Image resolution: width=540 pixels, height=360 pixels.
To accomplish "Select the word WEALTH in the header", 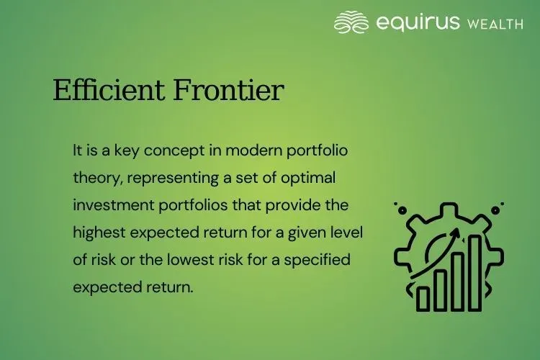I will point(495,24).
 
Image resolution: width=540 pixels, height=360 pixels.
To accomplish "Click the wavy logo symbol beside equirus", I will point(352,22).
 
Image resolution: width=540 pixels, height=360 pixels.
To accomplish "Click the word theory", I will point(94,178).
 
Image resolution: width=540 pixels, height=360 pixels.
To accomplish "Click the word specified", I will point(319,259).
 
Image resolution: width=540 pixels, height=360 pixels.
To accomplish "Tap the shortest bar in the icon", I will point(423,297).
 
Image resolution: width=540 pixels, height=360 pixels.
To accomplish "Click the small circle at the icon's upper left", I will point(396,205).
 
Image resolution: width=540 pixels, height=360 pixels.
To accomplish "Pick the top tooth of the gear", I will point(448,208).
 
